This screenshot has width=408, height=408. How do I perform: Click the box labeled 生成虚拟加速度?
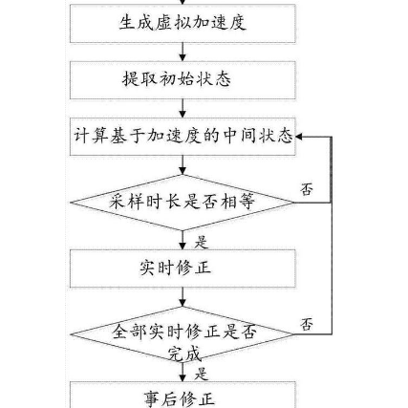183,23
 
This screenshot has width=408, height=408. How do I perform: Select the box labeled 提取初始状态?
183,80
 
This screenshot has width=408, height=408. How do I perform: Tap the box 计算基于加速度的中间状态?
183,137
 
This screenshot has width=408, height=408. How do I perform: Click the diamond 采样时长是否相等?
182,203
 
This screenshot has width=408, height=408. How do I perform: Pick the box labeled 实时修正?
183,268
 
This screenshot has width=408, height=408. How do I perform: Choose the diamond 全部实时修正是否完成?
182,334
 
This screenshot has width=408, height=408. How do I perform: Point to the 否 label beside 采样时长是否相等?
307,189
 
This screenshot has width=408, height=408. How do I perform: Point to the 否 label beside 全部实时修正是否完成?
307,324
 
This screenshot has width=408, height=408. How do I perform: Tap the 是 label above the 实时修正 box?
202,243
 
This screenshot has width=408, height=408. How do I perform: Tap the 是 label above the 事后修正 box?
202,374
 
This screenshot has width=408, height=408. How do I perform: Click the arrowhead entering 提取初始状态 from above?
183,57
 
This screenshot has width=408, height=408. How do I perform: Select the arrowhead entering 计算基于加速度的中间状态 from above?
183,114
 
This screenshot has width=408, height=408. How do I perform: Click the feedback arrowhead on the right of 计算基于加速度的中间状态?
299,137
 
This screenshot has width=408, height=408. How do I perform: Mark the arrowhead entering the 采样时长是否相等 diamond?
183,171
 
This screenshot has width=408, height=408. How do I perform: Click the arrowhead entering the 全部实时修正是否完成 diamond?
183,303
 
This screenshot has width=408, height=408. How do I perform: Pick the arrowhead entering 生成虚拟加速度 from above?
183,2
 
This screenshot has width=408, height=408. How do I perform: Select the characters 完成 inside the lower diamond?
184,353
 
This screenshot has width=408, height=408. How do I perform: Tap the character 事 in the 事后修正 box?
152,399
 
